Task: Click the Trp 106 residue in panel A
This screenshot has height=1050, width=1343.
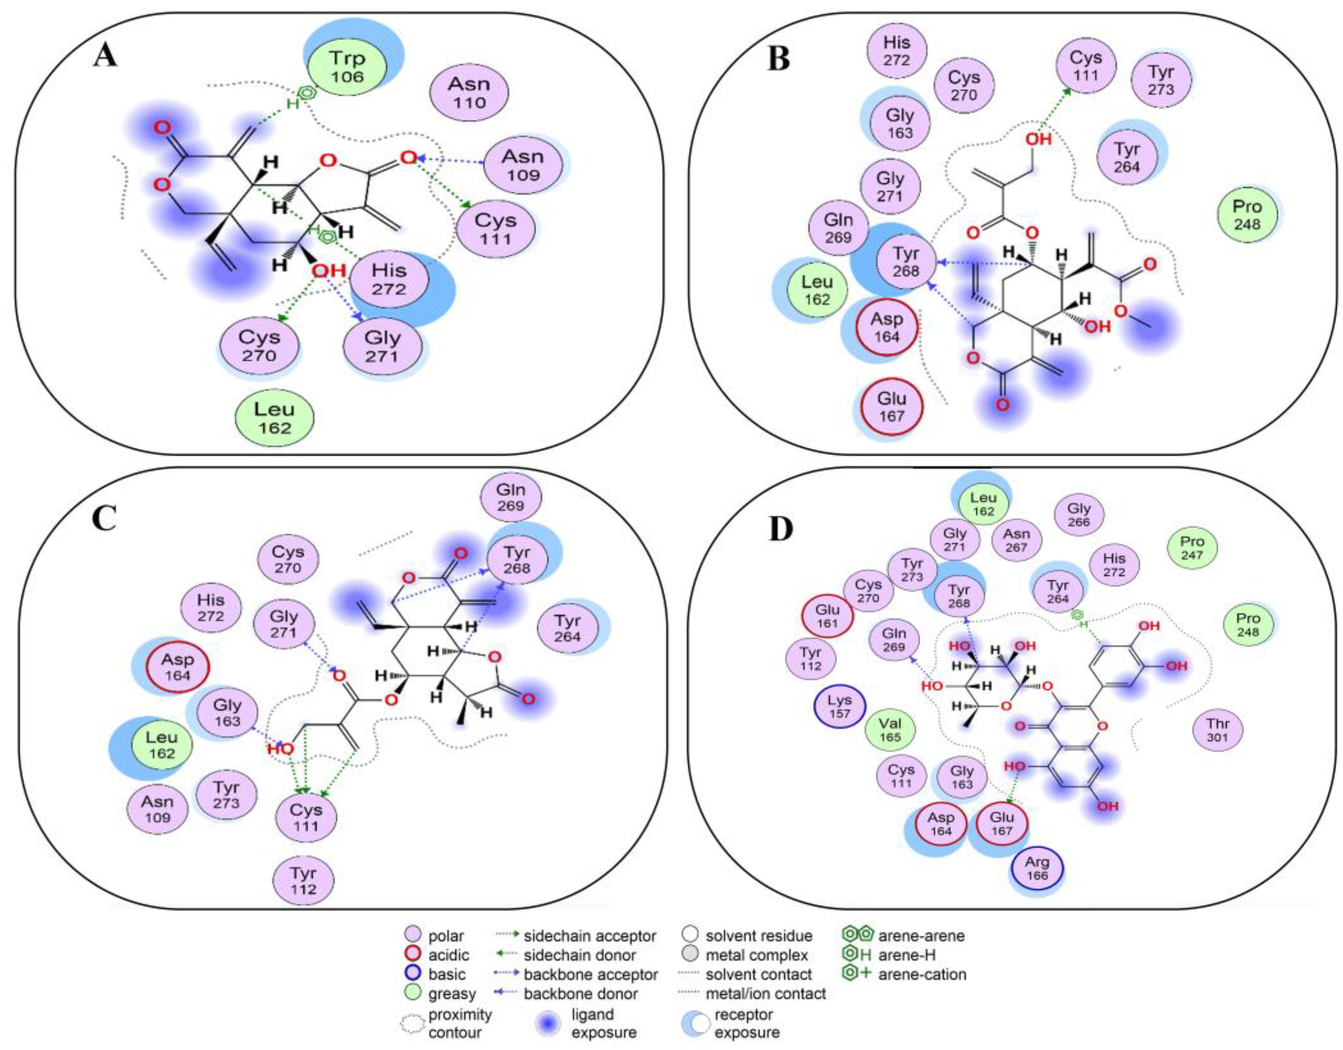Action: pyautogui.click(x=346, y=68)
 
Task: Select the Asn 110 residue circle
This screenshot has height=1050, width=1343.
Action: pyautogui.click(x=469, y=93)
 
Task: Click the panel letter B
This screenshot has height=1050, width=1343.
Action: pyautogui.click(x=778, y=60)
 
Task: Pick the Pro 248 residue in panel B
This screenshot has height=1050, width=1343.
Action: pyautogui.click(x=1247, y=215)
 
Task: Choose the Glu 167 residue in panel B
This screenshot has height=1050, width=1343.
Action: pyautogui.click(x=891, y=407)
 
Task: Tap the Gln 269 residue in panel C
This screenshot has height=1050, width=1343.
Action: pyautogui.click(x=511, y=497)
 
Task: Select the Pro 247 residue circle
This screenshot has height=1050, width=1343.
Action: pyautogui.click(x=1192, y=548)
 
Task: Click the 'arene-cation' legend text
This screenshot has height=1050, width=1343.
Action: pyautogui.click(x=922, y=975)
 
